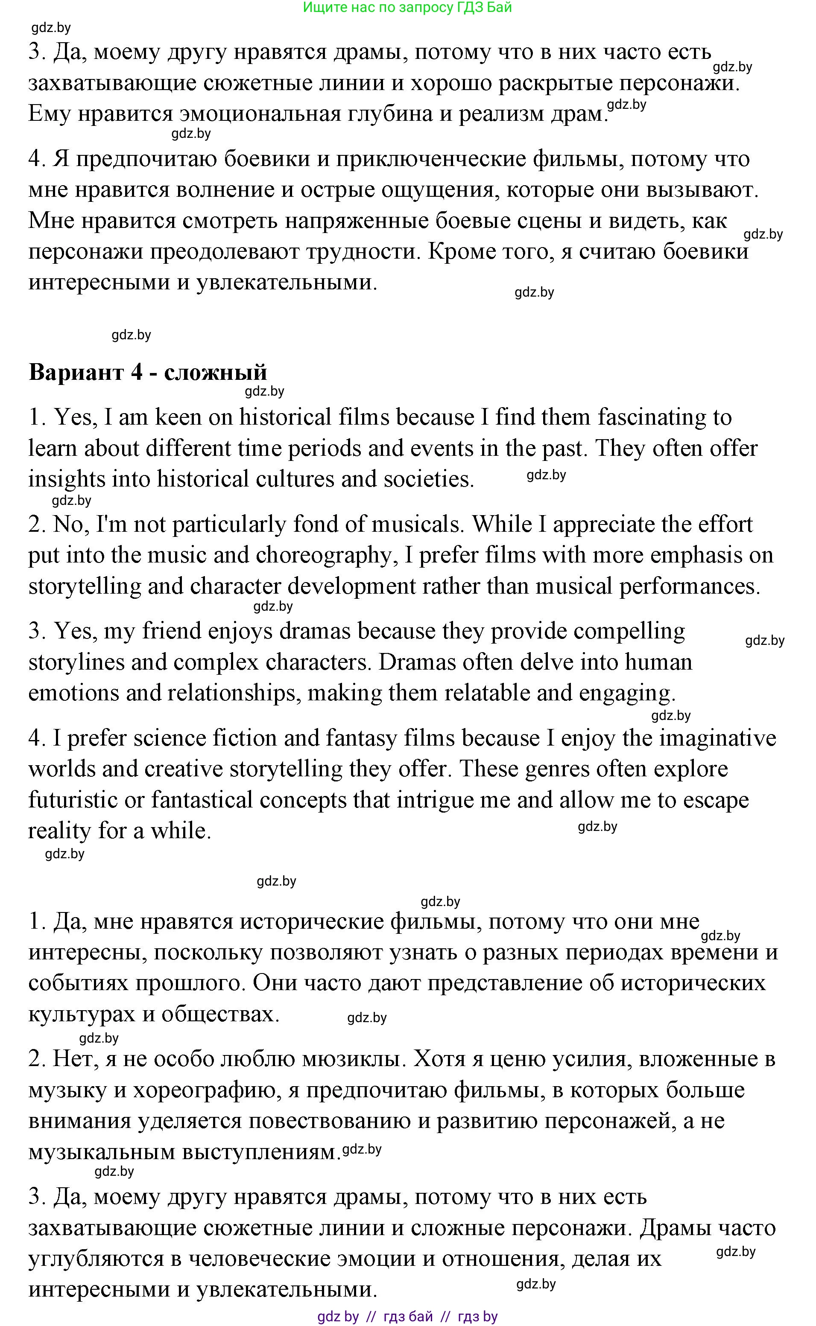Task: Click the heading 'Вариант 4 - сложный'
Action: (147, 372)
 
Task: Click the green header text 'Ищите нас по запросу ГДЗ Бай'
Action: (407, 8)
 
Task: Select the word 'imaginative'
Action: (718, 737)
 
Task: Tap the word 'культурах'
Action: (82, 1014)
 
